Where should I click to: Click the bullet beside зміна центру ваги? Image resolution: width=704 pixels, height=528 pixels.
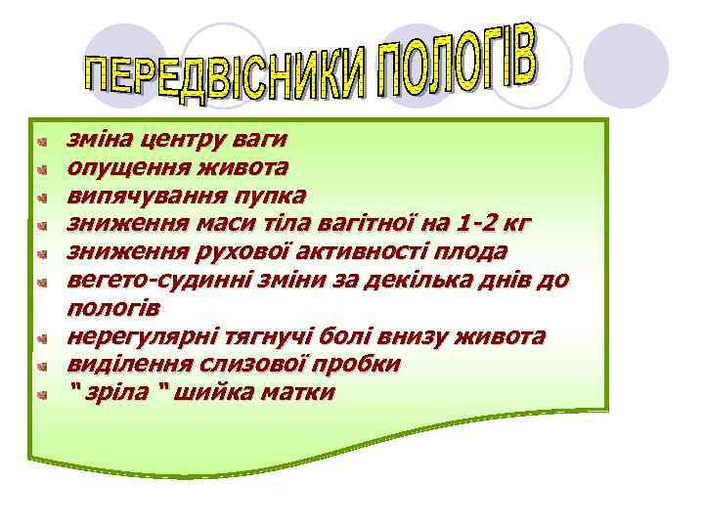coord(42,142)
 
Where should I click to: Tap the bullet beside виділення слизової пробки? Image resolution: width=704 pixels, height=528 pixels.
coord(42,367)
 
